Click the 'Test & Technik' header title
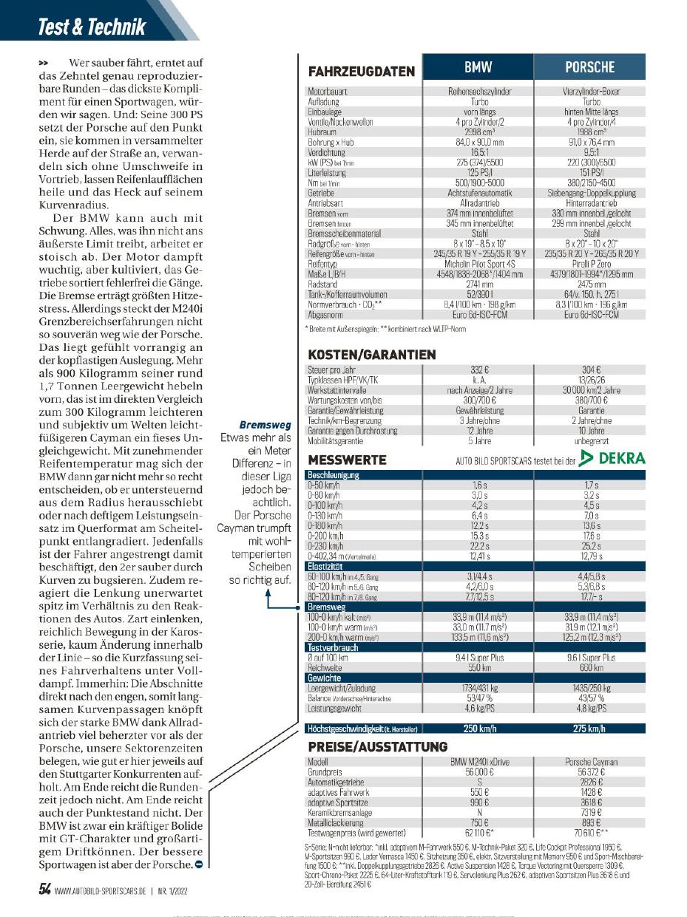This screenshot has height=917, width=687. (92, 27)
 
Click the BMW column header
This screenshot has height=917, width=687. (478, 67)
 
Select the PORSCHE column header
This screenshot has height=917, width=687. (589, 67)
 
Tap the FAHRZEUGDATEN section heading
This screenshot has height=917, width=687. (361, 72)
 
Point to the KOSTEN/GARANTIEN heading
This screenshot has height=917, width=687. (372, 355)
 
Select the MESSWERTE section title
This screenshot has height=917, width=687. (347, 460)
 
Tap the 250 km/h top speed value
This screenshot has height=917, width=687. (478, 728)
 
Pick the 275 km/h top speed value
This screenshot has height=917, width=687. (590, 728)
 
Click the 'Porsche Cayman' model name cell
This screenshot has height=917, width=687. (590, 761)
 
